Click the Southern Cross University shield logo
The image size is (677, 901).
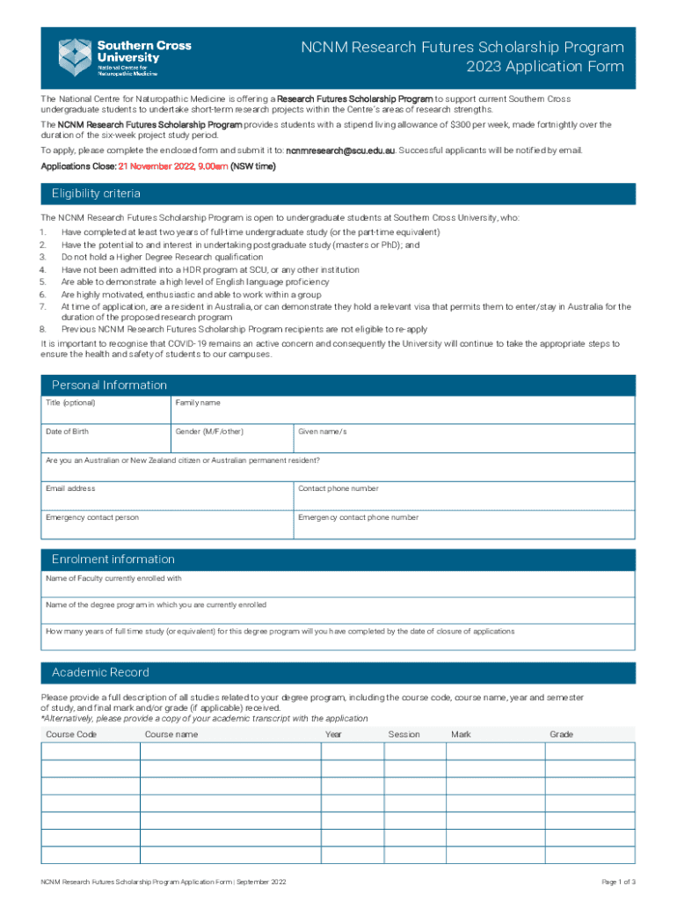tap(75, 56)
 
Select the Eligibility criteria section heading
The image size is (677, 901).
tap(96, 194)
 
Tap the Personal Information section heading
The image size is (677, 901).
tap(109, 385)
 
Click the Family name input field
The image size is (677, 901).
tap(402, 410)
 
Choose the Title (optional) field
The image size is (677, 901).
tap(105, 410)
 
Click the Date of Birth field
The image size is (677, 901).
tap(105, 438)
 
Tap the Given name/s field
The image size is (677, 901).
tap(463, 438)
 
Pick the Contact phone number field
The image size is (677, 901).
tap(463, 495)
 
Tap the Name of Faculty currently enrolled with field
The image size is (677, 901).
tap(338, 584)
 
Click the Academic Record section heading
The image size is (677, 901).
tap(100, 672)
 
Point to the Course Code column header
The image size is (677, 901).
tap(71, 734)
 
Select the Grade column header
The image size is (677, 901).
tap(561, 734)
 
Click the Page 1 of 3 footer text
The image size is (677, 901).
tap(618, 882)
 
